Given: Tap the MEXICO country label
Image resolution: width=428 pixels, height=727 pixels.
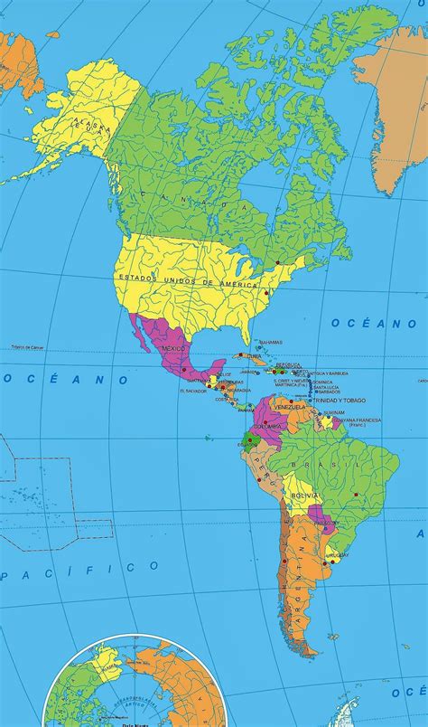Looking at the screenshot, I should [x=173, y=348].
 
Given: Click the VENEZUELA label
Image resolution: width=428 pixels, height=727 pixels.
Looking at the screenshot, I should [x=293, y=407].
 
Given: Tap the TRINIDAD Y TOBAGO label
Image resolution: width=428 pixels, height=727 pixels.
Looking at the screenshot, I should [x=340, y=401].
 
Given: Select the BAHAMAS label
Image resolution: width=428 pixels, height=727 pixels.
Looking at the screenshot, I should [x=270, y=342].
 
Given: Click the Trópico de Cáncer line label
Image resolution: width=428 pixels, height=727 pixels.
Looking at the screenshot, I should [x=28, y=347].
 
